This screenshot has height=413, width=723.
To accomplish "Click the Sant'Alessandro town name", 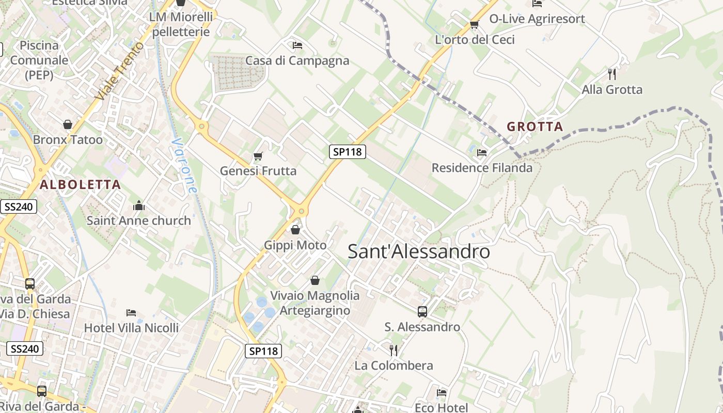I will coord(418,251).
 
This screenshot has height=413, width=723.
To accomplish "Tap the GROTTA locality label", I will coord(535,126).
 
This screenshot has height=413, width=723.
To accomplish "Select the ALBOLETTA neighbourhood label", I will coord(80,184).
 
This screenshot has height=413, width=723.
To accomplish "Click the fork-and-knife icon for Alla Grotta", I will coord(612,74).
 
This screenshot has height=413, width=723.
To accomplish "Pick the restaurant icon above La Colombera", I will coord(394,351).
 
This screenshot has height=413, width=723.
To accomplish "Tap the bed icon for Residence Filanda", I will coord(482,152).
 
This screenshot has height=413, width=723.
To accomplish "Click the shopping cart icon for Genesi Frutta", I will coord(258,155).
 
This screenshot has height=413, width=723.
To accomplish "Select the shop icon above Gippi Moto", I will coord(295,229).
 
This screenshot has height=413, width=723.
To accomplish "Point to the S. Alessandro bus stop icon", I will coord(422,311).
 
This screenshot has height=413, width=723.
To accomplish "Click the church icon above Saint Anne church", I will coord(138,205).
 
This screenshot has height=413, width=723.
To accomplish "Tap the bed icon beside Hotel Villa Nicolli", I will coord(131,313).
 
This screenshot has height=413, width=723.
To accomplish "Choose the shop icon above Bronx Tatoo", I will coord(67,124).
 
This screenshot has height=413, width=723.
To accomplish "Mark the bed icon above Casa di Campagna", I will coord(297,45).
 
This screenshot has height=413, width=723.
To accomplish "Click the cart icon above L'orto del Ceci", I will coord(474,24).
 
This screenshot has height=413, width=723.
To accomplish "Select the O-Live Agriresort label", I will coord(537,19).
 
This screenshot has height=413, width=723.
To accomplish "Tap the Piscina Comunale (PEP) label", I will coord(39,60).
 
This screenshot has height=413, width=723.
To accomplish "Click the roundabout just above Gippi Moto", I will coord(301,211).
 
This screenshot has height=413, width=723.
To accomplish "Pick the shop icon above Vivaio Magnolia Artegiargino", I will coord(315,280).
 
